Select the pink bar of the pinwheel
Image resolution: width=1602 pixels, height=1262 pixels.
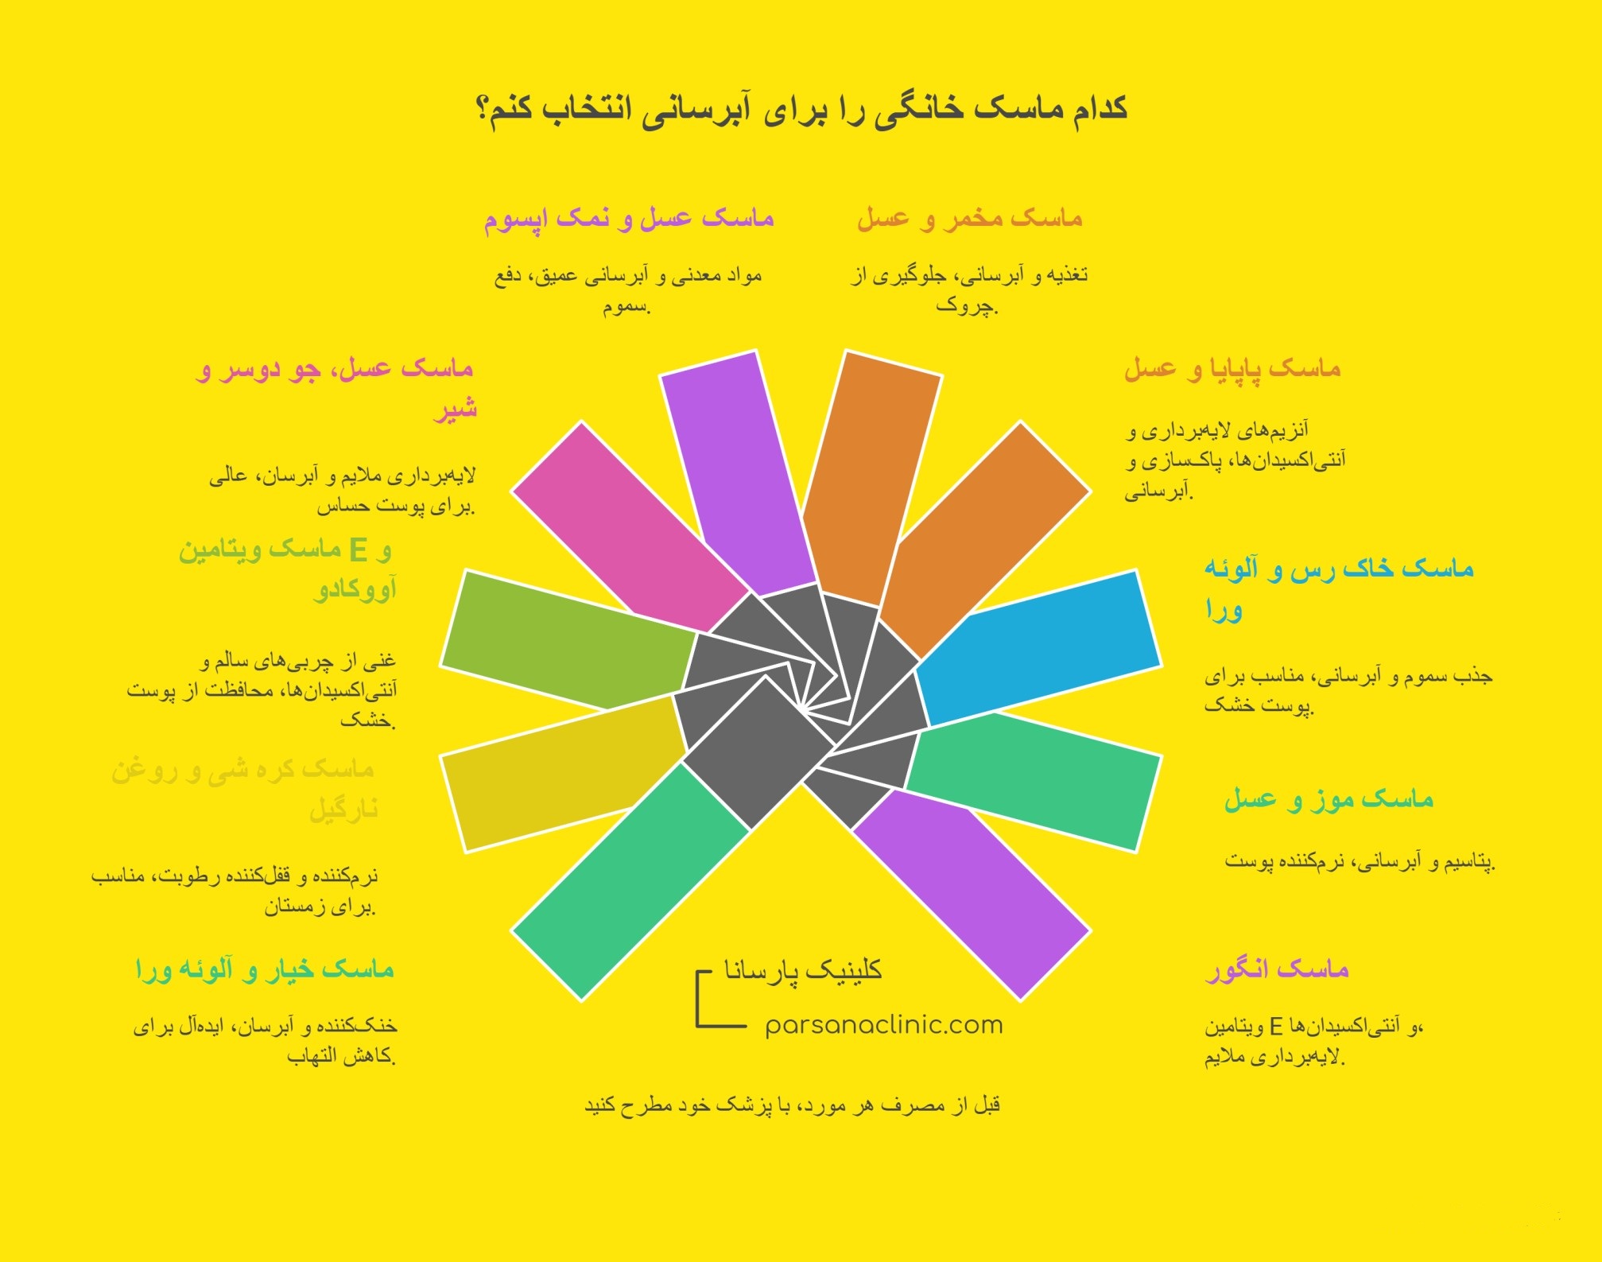628,525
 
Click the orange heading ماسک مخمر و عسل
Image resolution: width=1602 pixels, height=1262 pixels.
969,218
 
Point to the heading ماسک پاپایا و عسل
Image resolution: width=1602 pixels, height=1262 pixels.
1232,369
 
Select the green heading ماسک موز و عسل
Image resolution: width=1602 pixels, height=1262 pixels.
1329,799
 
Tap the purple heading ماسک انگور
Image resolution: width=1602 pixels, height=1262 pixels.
1277,969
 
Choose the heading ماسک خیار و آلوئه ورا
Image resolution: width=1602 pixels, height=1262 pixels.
265,969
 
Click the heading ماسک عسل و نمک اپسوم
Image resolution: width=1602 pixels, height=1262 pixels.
629,218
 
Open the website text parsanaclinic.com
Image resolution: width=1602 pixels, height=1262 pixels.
883,1025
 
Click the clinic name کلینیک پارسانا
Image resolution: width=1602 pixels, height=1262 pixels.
802,971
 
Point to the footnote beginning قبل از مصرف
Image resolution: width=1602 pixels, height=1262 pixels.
792,1105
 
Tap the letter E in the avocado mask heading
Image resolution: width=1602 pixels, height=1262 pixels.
359,549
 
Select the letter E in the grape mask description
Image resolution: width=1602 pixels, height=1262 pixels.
1275,1027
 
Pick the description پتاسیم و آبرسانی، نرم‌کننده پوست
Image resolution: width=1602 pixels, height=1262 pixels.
1360,861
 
